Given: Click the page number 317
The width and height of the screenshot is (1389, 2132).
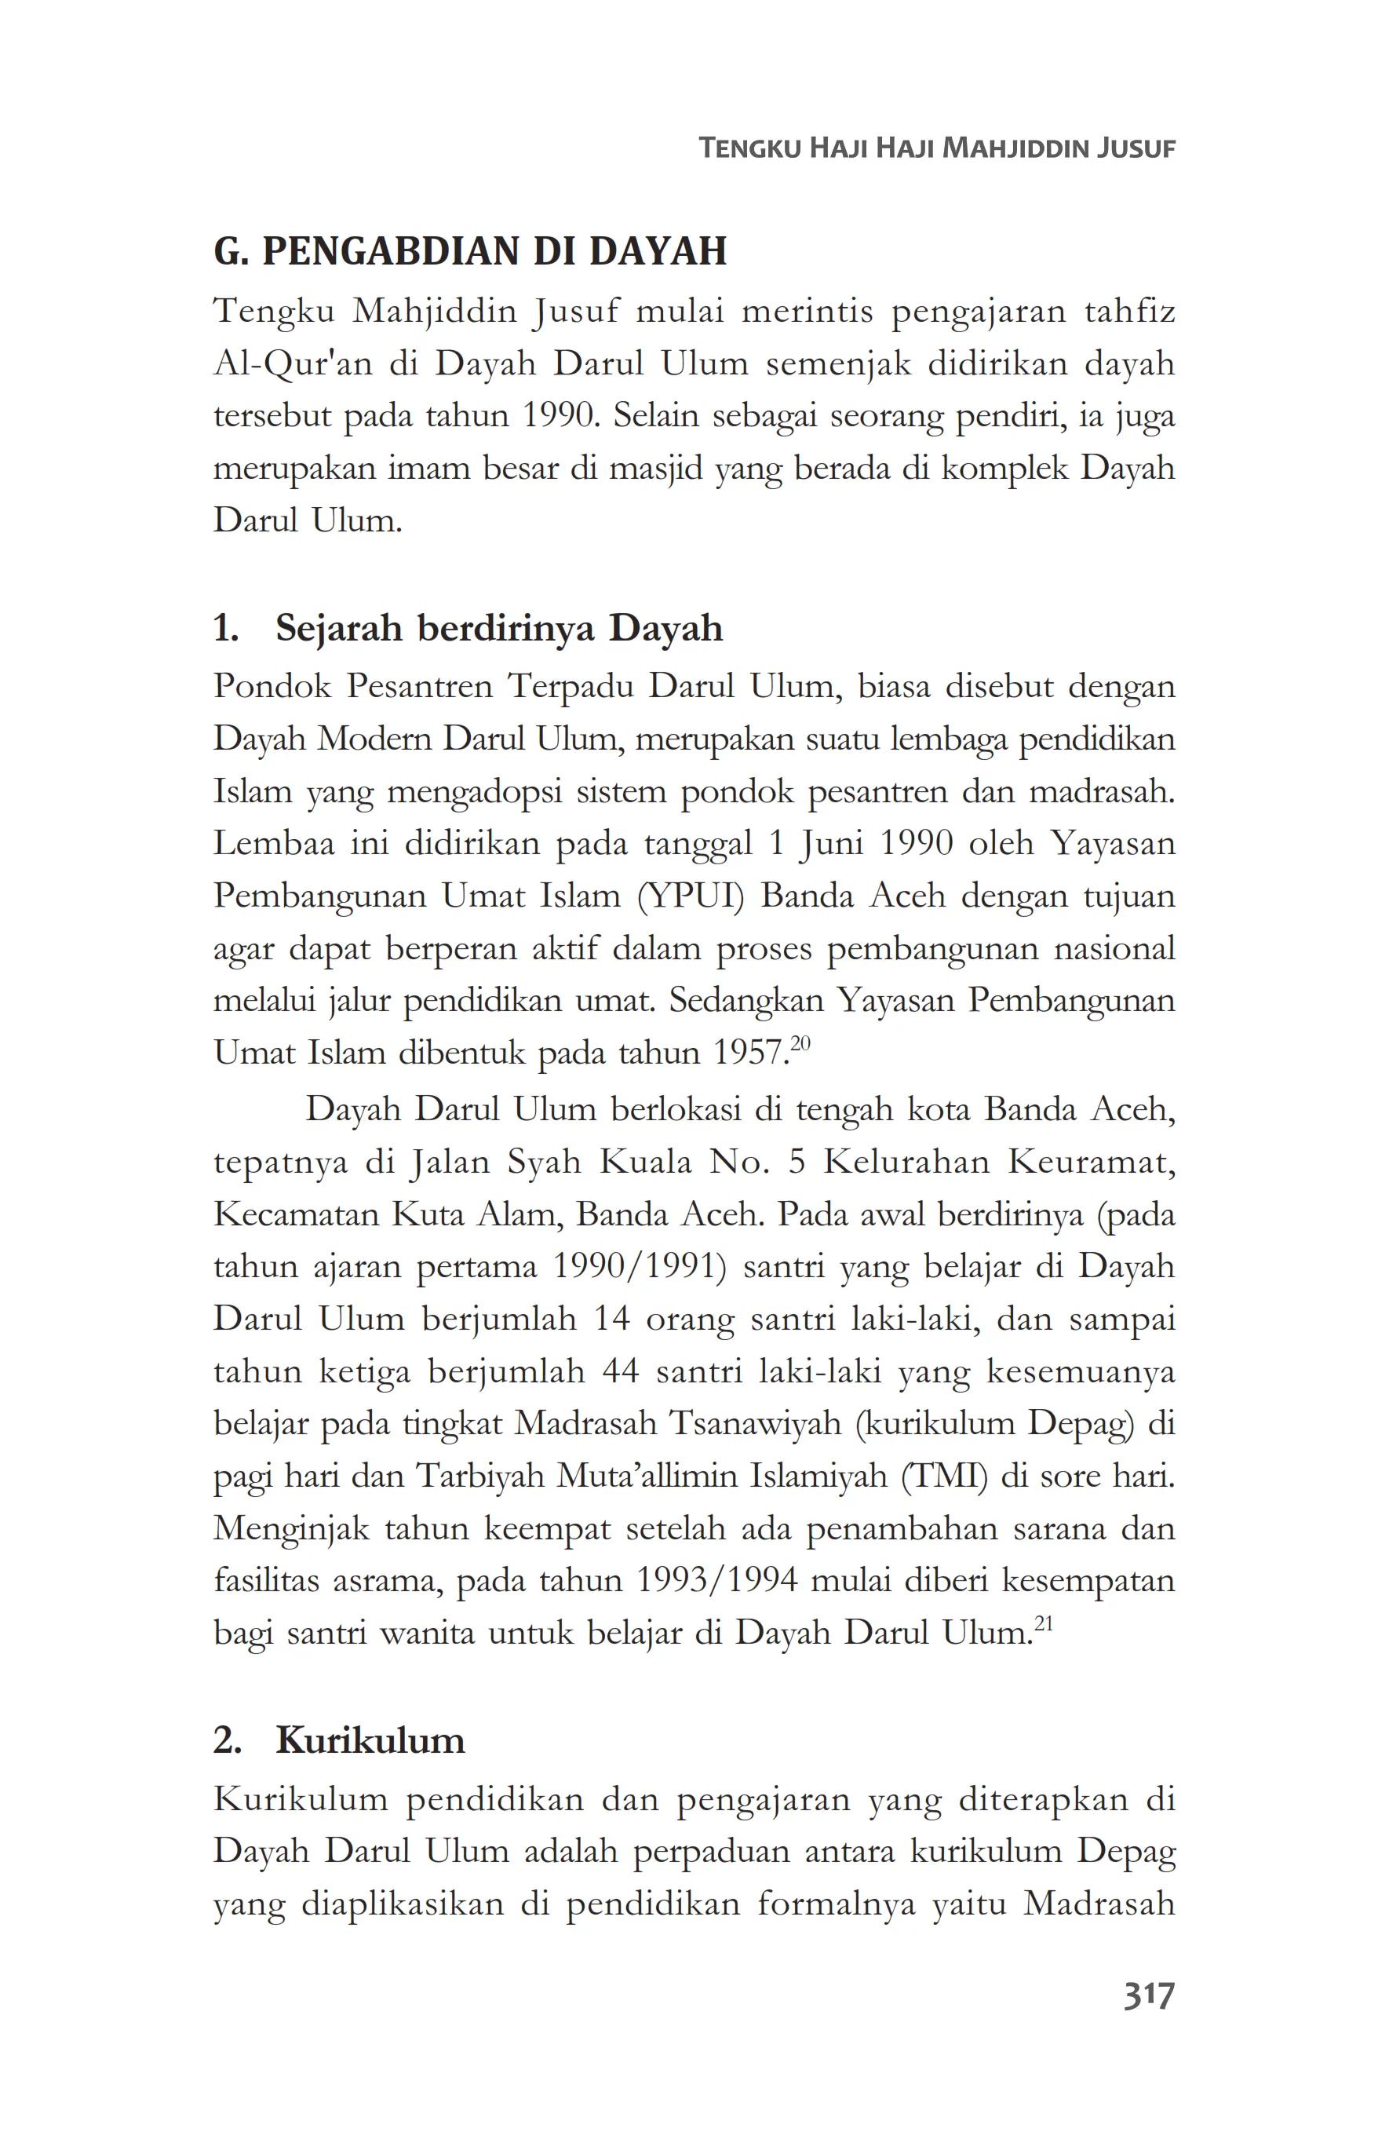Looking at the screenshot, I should [x=1148, y=1996].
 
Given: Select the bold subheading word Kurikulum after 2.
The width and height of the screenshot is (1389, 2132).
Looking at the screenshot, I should [x=370, y=1740].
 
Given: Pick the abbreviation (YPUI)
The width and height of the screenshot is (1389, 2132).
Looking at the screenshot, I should [x=691, y=896].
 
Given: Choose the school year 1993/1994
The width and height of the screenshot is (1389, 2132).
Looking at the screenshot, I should [x=716, y=1580].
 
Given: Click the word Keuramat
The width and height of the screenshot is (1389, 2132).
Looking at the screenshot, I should [x=1091, y=1162].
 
